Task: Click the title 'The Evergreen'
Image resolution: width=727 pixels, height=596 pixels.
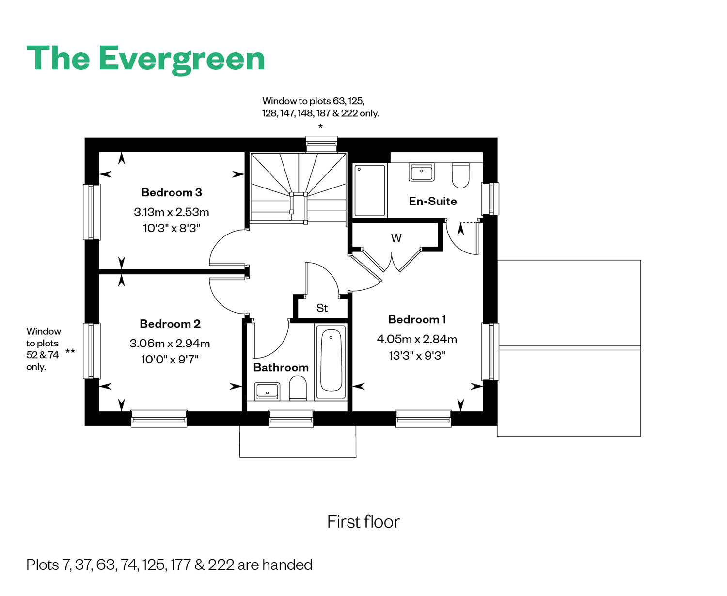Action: [x=145, y=59]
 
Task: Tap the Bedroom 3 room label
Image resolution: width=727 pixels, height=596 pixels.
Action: [x=172, y=192]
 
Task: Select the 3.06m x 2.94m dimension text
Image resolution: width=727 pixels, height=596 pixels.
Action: [x=170, y=344]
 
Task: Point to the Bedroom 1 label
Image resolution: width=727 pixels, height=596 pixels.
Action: [x=417, y=319]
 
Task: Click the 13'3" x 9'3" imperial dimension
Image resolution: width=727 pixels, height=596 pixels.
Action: [x=417, y=355]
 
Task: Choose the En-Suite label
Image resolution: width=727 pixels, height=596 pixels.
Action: [x=433, y=201]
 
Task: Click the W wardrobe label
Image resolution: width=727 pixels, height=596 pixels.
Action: [x=396, y=238]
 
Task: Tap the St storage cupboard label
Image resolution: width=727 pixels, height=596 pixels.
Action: [x=322, y=308]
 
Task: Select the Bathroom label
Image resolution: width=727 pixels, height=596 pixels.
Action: [x=281, y=367]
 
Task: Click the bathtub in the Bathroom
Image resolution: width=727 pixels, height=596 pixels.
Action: [x=331, y=361]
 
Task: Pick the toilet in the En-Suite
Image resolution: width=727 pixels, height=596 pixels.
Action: [x=460, y=175]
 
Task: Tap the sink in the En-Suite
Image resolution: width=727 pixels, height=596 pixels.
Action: [x=421, y=172]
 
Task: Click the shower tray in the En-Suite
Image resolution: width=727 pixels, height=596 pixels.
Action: [x=369, y=190]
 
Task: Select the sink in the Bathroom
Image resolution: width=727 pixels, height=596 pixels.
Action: [x=267, y=391]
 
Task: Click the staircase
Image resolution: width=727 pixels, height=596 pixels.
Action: [x=298, y=189]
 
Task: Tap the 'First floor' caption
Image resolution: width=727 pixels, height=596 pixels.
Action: [x=363, y=521]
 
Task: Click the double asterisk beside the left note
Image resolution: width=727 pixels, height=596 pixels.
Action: [x=70, y=351]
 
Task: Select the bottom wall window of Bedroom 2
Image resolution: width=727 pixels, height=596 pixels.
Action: [x=159, y=419]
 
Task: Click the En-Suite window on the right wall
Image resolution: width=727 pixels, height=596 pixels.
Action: [x=490, y=199]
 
